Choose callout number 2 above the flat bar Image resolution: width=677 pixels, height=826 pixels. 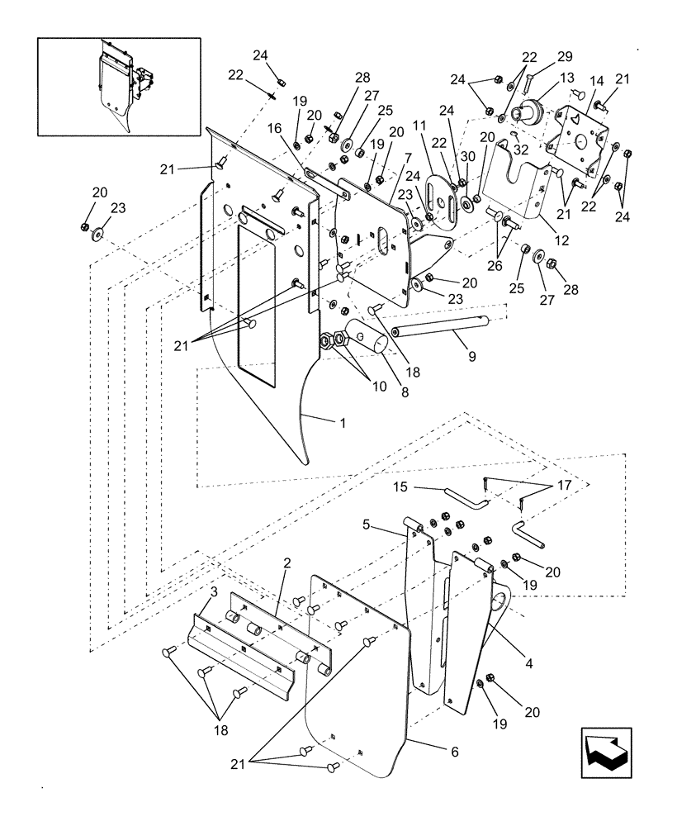286,563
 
